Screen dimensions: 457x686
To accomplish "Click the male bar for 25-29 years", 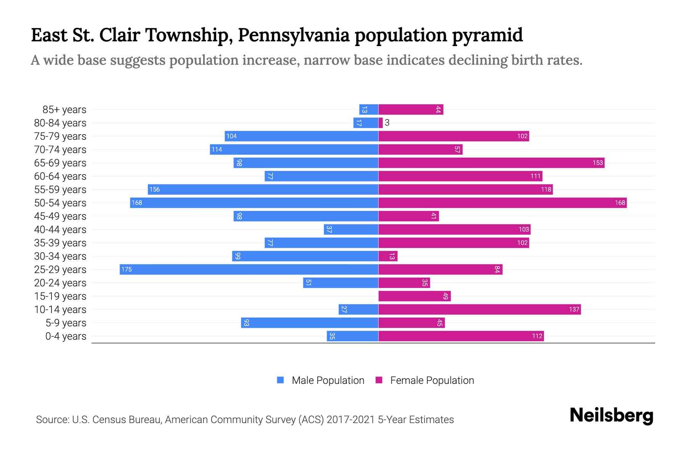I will [249, 269].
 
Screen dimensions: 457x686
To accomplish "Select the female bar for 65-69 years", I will [491, 163].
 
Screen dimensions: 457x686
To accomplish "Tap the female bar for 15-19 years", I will [414, 296].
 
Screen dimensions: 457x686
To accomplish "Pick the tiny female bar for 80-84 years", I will [380, 123].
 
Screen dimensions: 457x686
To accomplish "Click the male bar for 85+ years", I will [369, 109].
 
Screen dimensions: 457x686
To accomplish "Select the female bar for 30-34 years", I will [388, 256].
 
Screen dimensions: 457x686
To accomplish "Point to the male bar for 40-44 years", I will [351, 229].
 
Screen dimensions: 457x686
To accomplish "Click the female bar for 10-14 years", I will [479, 309].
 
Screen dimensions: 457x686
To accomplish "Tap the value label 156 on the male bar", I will [154, 189].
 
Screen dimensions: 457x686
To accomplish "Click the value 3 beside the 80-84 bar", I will [387, 123].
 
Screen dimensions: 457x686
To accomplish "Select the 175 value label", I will [126, 269].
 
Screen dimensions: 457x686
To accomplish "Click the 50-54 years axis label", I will [60, 203].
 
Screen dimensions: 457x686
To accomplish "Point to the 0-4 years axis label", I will [66, 336].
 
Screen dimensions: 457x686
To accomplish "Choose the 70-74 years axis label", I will [60, 149].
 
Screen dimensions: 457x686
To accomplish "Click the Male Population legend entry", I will [321, 380].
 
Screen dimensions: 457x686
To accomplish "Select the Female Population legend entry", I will [425, 380].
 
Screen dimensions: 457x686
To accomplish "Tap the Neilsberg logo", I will [611, 415].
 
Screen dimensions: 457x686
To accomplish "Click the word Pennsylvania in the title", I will [293, 35].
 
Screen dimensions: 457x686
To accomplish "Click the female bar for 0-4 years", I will [461, 336].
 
